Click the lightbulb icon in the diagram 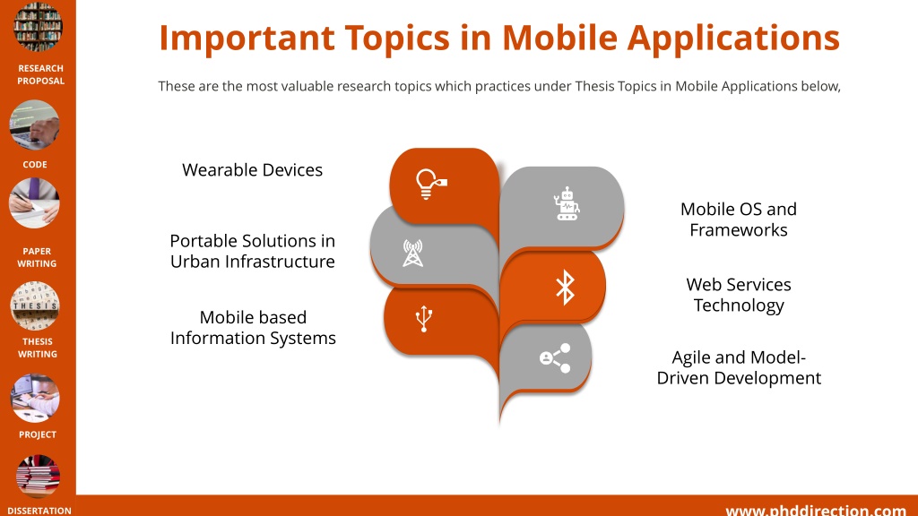[x=430, y=184]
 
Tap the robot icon [x=567, y=203]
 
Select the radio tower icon [x=412, y=254]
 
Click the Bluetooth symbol [x=565, y=288]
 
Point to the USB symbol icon [x=424, y=320]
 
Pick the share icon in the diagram [x=555, y=358]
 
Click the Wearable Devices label [x=252, y=169]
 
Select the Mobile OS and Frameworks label [x=739, y=219]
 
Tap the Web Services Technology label [x=739, y=295]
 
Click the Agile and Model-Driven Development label [x=739, y=367]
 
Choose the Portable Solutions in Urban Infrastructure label [x=252, y=251]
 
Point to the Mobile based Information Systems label [x=253, y=328]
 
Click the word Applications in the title [x=733, y=39]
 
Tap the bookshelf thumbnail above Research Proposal [x=38, y=26]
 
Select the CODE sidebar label [x=35, y=165]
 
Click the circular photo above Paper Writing [x=35, y=202]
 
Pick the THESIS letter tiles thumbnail [x=35, y=306]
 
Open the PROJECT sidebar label [x=38, y=434]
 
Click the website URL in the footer [x=816, y=510]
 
